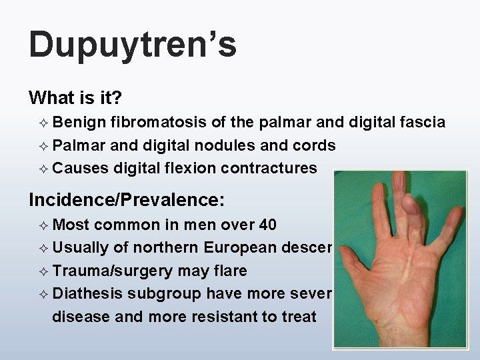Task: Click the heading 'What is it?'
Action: point(75,99)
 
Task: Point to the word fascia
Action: point(423,122)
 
